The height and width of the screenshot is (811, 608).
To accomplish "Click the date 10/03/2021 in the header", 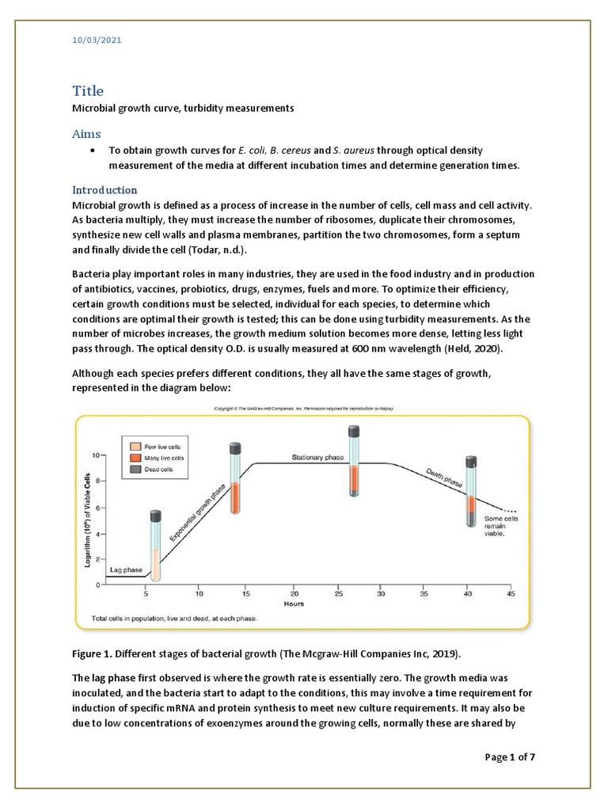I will pos(93,39).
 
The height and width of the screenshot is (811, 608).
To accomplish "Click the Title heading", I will pos(88,91).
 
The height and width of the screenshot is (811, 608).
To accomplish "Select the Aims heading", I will pos(87,134).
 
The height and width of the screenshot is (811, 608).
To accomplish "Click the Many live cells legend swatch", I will pos(134,459).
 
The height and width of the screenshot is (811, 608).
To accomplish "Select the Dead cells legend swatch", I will pos(134,470).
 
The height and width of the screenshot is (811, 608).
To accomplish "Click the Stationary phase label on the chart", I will pos(319,458).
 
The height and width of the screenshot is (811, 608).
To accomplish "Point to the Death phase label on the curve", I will pos(444,475).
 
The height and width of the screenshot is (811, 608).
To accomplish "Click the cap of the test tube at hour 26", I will pos(355,432).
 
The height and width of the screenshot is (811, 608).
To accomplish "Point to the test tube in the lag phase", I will pos(157,548).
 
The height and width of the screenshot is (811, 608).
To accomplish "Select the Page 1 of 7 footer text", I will pos(510,758).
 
